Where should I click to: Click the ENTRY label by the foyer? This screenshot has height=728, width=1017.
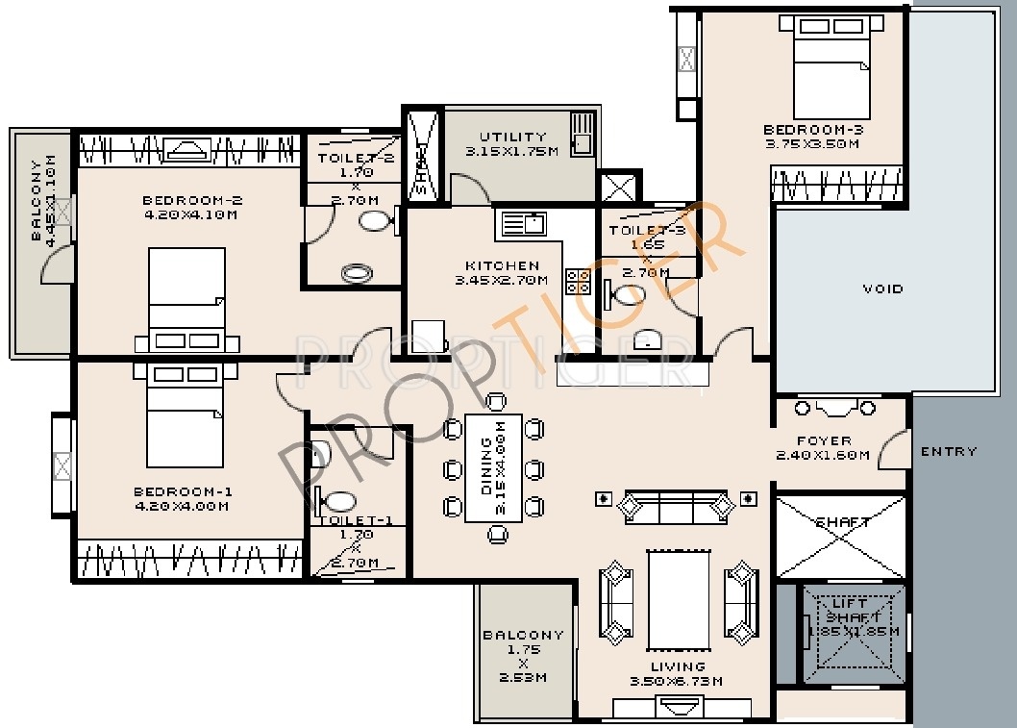click(x=948, y=451)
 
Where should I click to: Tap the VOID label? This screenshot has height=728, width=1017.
click(x=882, y=289)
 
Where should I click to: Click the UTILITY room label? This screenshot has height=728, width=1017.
click(x=512, y=137)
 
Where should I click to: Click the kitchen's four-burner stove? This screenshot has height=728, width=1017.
click(x=579, y=281)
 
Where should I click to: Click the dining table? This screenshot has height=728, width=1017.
click(x=493, y=467)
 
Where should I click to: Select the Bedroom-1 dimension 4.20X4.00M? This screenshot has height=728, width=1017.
click(x=182, y=506)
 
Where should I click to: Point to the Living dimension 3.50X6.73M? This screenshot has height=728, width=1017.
click(x=679, y=682)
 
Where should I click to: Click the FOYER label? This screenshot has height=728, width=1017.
click(x=824, y=441)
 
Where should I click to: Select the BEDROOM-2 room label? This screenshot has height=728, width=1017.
click(x=191, y=200)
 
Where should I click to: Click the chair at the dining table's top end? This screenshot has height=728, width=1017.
click(x=496, y=401)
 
